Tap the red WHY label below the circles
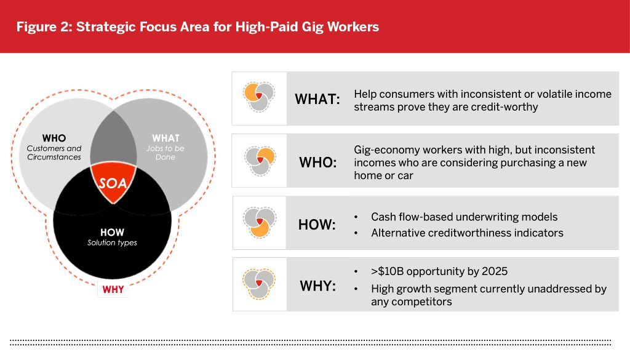[x=113, y=289]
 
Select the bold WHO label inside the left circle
[x=54, y=138]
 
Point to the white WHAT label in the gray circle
[x=165, y=138]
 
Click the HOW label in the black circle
[x=112, y=232]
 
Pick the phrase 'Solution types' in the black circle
[x=112, y=242]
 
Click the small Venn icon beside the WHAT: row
[x=259, y=97]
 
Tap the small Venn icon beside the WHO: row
[x=260, y=161]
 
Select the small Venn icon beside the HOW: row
[x=260, y=223]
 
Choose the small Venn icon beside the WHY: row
[x=259, y=284]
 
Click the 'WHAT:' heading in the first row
[x=317, y=99]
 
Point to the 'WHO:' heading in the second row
[x=318, y=162]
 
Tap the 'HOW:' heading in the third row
[x=317, y=225]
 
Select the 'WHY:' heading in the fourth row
[x=318, y=286]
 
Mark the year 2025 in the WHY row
[x=495, y=271]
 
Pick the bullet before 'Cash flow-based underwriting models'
[x=356, y=217]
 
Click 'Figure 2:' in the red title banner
[x=44, y=26]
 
